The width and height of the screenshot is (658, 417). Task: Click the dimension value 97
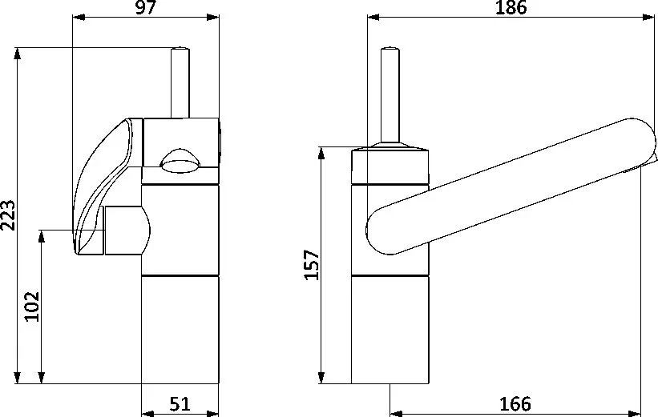(146, 7)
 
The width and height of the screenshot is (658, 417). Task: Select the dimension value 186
(511, 7)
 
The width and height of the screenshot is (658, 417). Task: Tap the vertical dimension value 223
(8, 215)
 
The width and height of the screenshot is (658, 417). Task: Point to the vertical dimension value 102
(32, 307)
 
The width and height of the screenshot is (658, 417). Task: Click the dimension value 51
(180, 404)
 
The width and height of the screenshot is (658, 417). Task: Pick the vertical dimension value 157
(312, 265)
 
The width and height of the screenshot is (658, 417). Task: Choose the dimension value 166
(515, 404)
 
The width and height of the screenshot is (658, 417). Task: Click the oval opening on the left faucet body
(180, 162)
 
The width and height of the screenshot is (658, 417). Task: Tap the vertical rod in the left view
(180, 82)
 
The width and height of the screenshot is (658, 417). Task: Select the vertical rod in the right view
(390, 95)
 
